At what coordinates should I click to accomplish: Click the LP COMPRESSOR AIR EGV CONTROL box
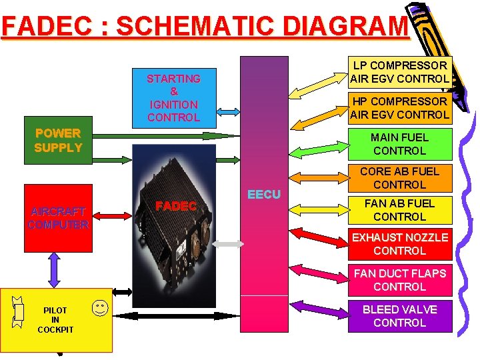(x=400, y=72)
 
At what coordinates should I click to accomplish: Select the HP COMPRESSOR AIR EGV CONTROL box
(x=400, y=108)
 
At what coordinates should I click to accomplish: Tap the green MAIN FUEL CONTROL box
(x=400, y=144)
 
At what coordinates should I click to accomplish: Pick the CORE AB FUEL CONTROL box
(x=400, y=178)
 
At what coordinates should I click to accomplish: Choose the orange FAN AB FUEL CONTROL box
(x=400, y=210)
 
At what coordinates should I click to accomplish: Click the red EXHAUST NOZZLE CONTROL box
(x=400, y=244)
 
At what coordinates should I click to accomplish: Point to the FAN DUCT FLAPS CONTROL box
(x=400, y=280)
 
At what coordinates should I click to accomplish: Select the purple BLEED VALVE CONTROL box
(x=400, y=316)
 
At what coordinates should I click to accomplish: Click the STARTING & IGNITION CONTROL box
(x=173, y=97)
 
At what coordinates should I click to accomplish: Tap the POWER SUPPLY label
(x=58, y=141)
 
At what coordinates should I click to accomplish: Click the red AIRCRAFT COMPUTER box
(x=58, y=218)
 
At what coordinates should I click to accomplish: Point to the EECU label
(x=264, y=195)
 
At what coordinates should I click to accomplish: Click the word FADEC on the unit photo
(x=175, y=207)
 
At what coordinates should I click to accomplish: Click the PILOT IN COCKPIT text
(x=55, y=320)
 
